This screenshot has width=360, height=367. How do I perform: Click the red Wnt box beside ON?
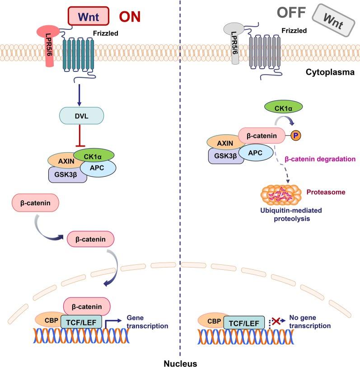[x=89, y=17]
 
